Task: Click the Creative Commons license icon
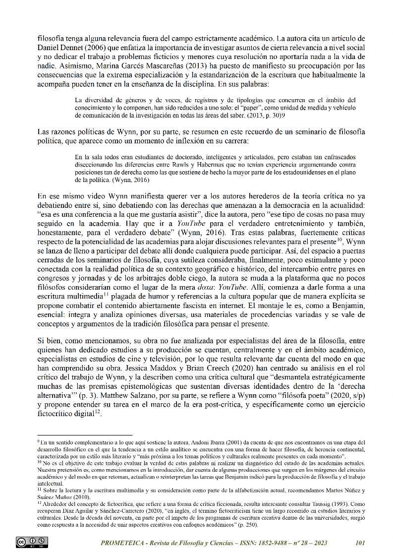click(x=32, y=542)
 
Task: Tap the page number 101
click(x=360, y=543)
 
